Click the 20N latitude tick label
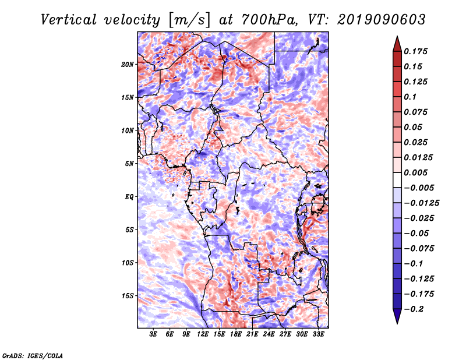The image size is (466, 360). click(128, 65)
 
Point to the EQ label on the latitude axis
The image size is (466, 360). click(129, 197)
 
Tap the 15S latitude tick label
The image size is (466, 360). click(128, 296)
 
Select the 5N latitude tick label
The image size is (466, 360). click(129, 164)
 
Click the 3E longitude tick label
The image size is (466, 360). click(153, 334)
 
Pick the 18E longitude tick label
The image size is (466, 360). click(236, 334)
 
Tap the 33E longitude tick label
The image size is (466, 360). click(318, 334)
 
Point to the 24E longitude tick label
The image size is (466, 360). click(269, 334)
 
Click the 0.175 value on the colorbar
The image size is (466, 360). click(415, 51)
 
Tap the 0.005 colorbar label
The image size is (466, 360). click(415, 172)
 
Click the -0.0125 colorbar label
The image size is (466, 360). click(421, 203)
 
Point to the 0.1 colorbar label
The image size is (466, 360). click(410, 97)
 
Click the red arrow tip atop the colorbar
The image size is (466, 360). click(397, 36)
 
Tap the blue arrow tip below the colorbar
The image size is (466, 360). click(397, 323)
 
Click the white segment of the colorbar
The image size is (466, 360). click(397, 180)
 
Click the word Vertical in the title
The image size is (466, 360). click(69, 20)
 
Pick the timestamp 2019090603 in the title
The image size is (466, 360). click(382, 20)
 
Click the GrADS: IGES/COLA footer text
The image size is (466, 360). click(33, 355)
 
